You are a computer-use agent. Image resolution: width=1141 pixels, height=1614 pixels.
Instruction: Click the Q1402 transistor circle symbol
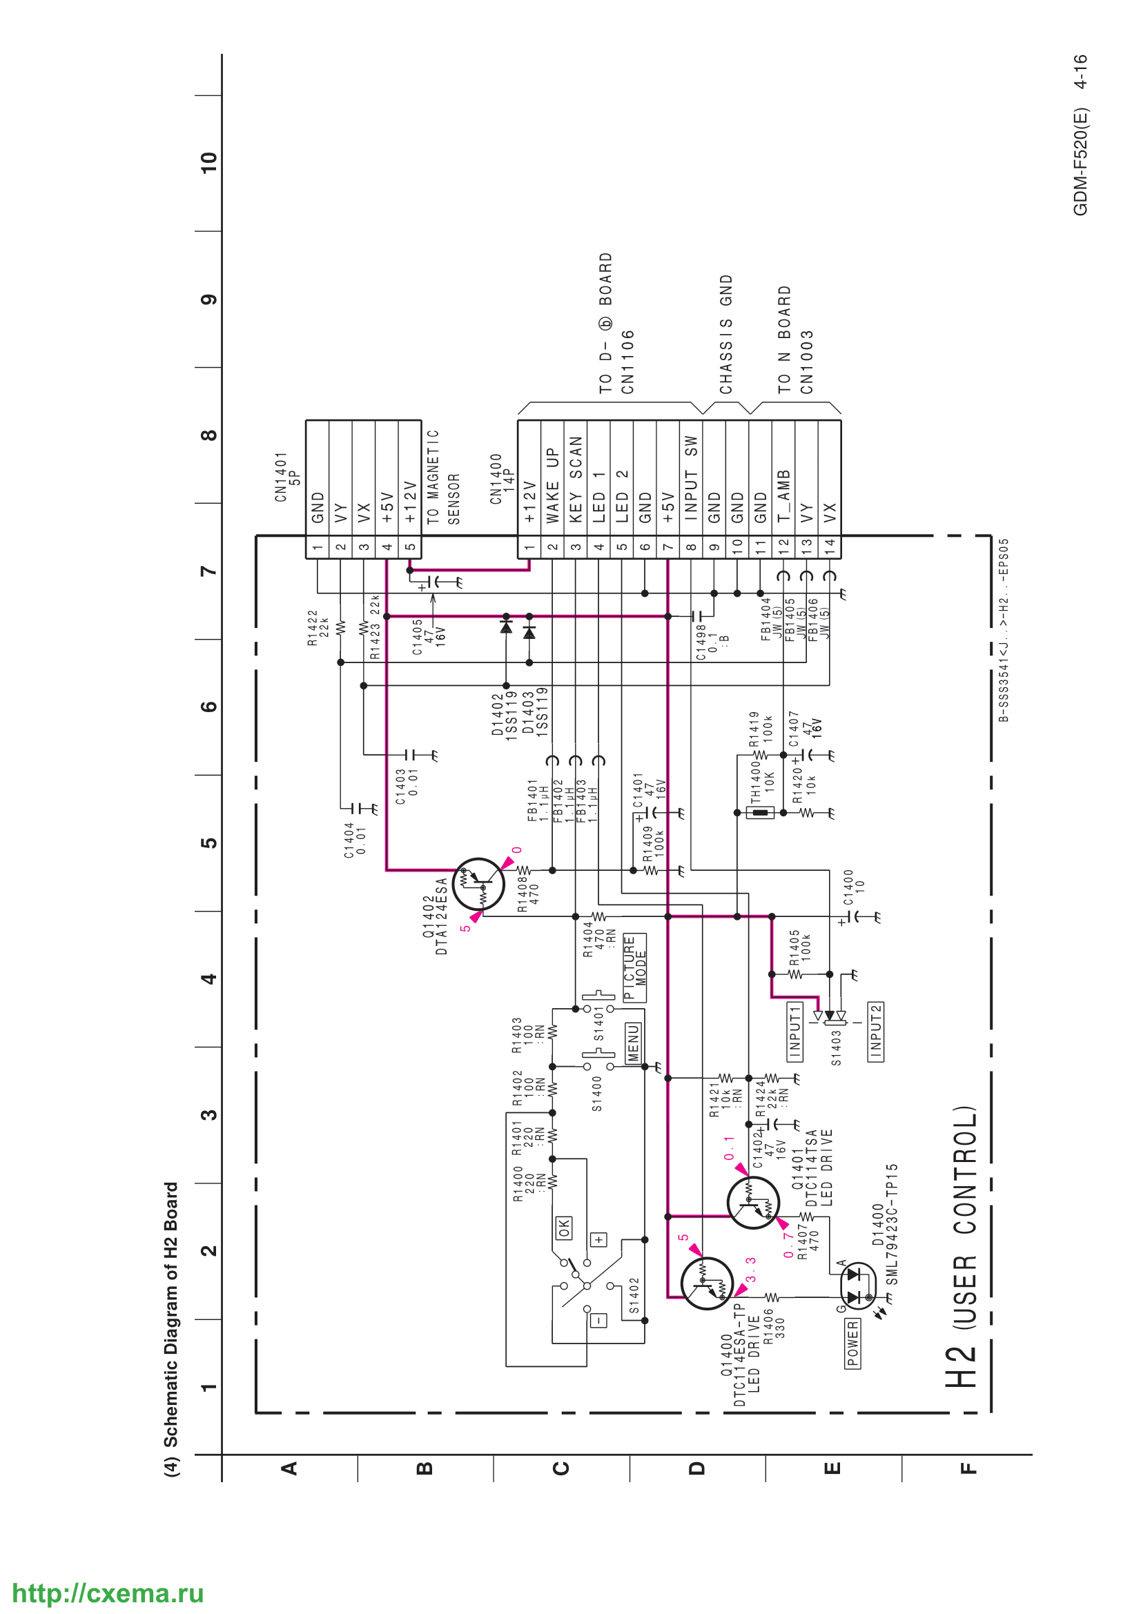click(478, 884)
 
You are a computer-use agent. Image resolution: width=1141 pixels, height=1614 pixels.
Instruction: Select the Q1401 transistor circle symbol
click(753, 1203)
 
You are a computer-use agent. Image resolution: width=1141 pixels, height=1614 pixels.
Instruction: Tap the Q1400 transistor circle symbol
click(708, 1283)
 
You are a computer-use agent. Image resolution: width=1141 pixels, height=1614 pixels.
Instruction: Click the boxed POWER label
click(852, 1344)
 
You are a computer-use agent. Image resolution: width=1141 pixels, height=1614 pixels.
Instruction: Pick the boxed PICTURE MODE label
click(635, 967)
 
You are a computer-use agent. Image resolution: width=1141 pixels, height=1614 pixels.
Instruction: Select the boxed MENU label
click(634, 1043)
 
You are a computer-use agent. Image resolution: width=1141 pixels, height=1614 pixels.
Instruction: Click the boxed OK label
click(564, 1228)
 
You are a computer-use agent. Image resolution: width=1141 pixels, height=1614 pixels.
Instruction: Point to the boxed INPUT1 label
click(794, 1032)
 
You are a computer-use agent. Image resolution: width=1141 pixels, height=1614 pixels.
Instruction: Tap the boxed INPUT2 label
click(876, 1032)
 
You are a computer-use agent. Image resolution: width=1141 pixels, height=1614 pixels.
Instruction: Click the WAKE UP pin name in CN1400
click(553, 485)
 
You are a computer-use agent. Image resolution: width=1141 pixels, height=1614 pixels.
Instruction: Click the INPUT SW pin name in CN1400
click(691, 478)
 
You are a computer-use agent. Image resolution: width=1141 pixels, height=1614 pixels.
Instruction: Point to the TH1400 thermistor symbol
click(760, 813)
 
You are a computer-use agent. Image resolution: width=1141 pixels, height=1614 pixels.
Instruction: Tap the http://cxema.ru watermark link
click(108, 1593)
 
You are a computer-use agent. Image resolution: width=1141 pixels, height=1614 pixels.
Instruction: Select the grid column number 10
click(208, 163)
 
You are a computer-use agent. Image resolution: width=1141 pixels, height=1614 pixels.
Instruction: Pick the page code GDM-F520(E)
click(1080, 161)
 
